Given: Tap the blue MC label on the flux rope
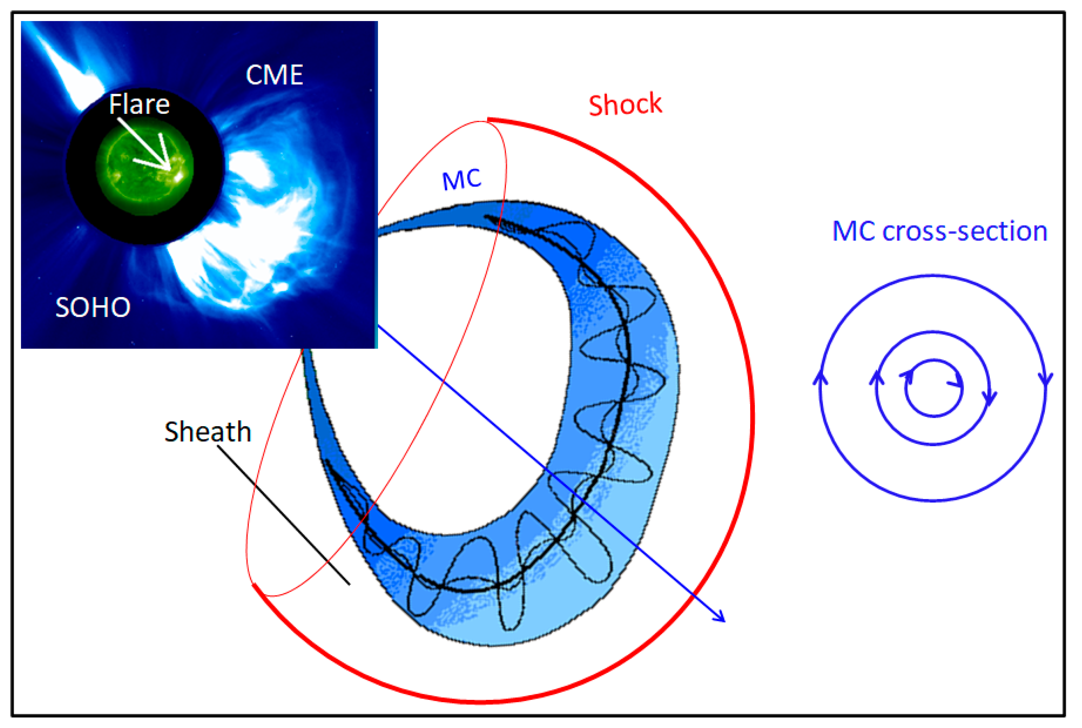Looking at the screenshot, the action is [461, 179].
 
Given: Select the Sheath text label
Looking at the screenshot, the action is [207, 432].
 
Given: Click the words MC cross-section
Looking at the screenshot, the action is [940, 231].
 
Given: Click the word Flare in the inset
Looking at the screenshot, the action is [139, 104].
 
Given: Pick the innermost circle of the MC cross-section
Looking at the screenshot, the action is [933, 388].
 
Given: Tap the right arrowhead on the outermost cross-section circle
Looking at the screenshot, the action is [1046, 378].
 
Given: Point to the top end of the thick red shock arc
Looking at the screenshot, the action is [489, 120].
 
